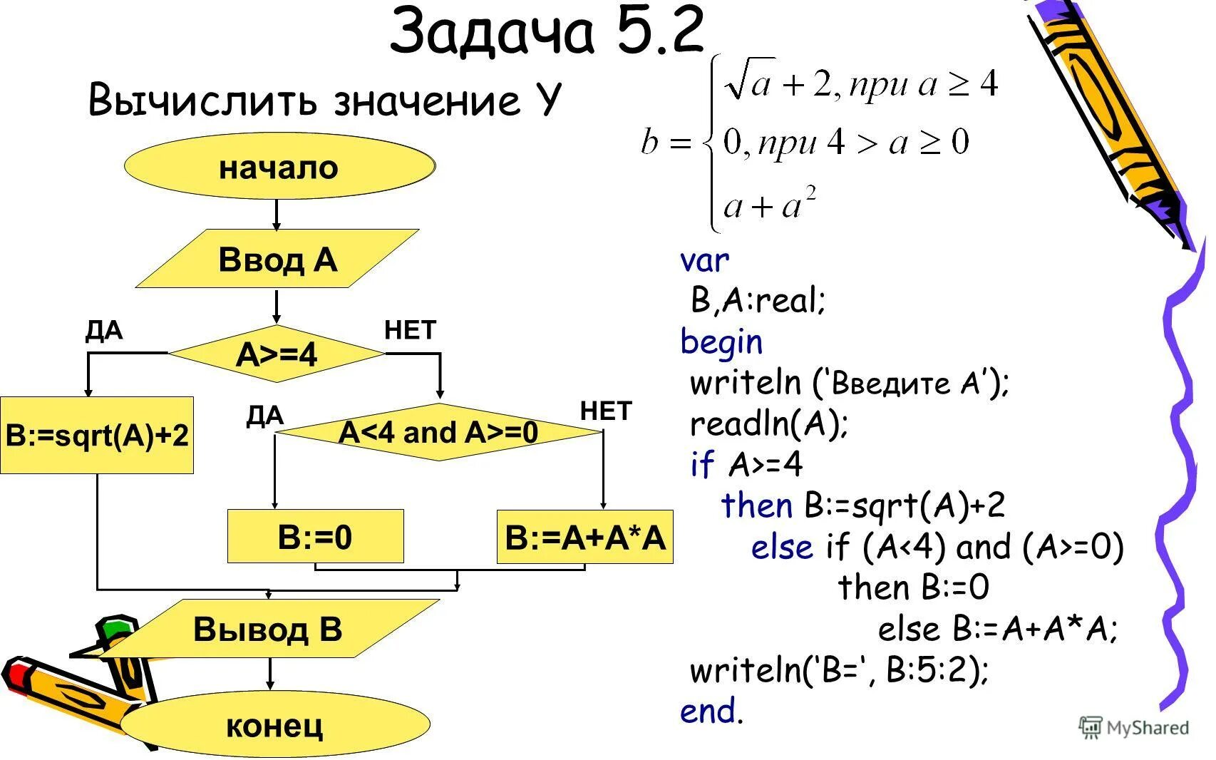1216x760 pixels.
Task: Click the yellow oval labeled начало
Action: [279, 167]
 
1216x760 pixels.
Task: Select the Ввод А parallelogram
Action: [277, 260]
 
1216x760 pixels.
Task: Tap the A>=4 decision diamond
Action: [277, 354]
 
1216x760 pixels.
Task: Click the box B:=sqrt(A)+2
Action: [97, 435]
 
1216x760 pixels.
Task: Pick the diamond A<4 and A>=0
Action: [438, 432]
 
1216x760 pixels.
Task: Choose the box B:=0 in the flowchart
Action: [315, 536]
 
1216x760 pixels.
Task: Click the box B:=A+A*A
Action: [584, 537]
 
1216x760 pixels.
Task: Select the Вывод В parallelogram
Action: [268, 629]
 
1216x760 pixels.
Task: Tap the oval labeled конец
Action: [275, 725]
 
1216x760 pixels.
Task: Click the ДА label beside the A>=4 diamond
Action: [104, 331]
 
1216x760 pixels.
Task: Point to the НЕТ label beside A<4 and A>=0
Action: [606, 411]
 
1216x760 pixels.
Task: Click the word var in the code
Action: [704, 260]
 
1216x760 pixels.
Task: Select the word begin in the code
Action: [721, 342]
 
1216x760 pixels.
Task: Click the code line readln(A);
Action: [769, 424]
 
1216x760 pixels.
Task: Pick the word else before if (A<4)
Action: [781, 548]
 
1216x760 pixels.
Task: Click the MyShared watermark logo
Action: [1135, 727]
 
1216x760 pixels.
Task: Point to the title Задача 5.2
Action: [547, 31]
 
